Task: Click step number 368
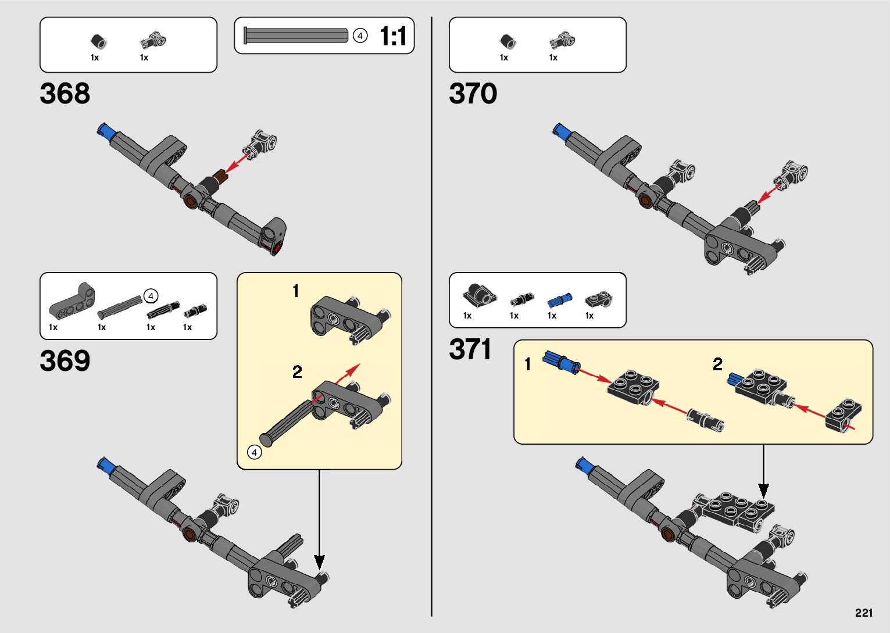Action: point(65,94)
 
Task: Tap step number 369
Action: point(65,361)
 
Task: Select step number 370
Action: point(473,94)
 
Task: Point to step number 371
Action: point(470,349)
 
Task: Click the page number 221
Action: point(864,613)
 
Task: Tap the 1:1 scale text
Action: point(392,36)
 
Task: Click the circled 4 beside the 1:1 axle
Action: point(360,36)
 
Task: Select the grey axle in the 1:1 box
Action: point(296,35)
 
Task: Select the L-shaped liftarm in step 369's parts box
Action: point(72,301)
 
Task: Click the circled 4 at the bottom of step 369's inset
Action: point(254,452)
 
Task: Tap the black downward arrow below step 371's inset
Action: point(763,471)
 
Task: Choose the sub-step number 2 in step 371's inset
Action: point(717,364)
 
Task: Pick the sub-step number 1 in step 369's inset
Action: point(296,291)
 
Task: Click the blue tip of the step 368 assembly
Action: point(105,130)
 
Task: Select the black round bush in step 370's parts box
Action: point(507,41)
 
